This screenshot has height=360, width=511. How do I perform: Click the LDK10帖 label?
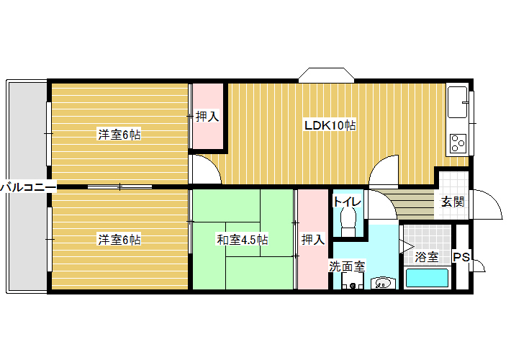pyautogui.click(x=330, y=125)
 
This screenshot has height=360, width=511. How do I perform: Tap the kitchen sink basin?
pyautogui.click(x=457, y=102)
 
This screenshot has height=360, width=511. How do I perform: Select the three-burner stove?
pyautogui.click(x=458, y=143)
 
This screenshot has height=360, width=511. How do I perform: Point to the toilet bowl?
pyautogui.click(x=348, y=220)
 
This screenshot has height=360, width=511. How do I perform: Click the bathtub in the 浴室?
pyautogui.click(x=427, y=278)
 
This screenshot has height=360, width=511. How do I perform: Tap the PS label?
pyautogui.click(x=461, y=257)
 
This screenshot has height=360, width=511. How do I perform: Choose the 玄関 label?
pyautogui.click(x=452, y=202)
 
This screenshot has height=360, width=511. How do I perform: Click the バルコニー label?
pyautogui.click(x=28, y=187)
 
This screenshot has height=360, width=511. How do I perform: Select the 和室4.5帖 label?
pyautogui.click(x=243, y=240)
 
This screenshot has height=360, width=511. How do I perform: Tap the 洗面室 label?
pyautogui.click(x=347, y=266)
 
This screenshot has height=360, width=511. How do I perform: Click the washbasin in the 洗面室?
pyautogui.click(x=383, y=283)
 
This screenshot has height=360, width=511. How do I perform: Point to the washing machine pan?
pyautogui.click(x=352, y=282)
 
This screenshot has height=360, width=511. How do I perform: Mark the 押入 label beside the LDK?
pyautogui.click(x=207, y=117)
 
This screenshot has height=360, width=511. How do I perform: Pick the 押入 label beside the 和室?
pyautogui.click(x=313, y=240)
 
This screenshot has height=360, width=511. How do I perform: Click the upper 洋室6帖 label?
pyautogui.click(x=119, y=135)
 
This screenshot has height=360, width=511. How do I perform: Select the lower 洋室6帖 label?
pyautogui.click(x=119, y=240)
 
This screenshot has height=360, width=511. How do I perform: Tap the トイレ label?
pyautogui.click(x=347, y=201)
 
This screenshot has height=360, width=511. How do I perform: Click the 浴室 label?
pyautogui.click(x=427, y=257)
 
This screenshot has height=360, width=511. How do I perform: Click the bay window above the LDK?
pyautogui.click(x=327, y=75)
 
